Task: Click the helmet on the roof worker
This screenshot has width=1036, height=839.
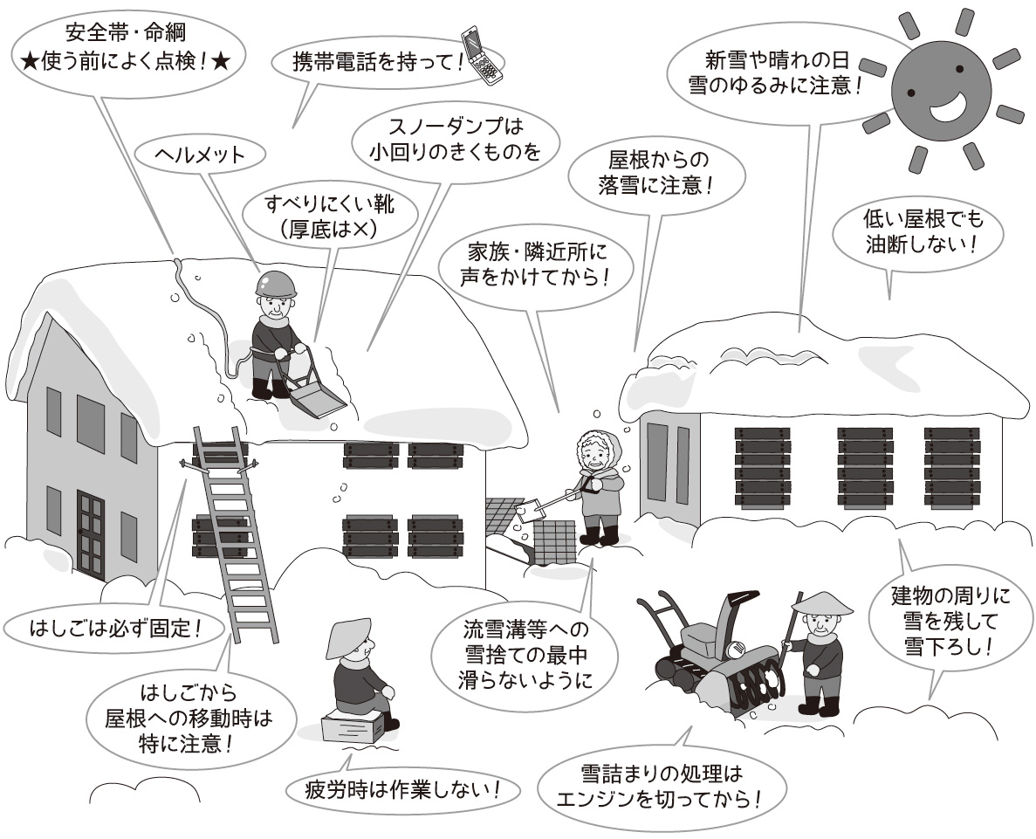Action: [276, 284]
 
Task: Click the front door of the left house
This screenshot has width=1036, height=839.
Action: [91, 534]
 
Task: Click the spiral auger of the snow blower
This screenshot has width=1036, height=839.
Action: [758, 691]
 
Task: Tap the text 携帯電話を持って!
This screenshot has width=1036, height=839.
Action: [379, 63]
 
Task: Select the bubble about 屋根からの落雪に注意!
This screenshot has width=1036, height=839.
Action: [656, 173]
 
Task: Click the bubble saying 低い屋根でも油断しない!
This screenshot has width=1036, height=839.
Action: [917, 231]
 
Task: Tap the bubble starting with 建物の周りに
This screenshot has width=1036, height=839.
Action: [950, 621]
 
